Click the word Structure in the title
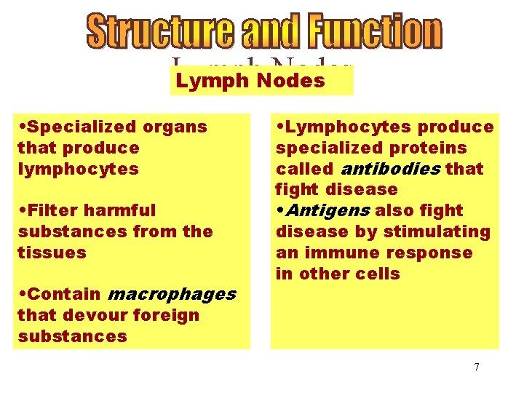pos(161,31)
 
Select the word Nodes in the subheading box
pos(290,81)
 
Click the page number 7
pos(477,367)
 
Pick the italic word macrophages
pos(171,294)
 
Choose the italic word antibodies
pos(391,169)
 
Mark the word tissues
pos(52,253)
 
